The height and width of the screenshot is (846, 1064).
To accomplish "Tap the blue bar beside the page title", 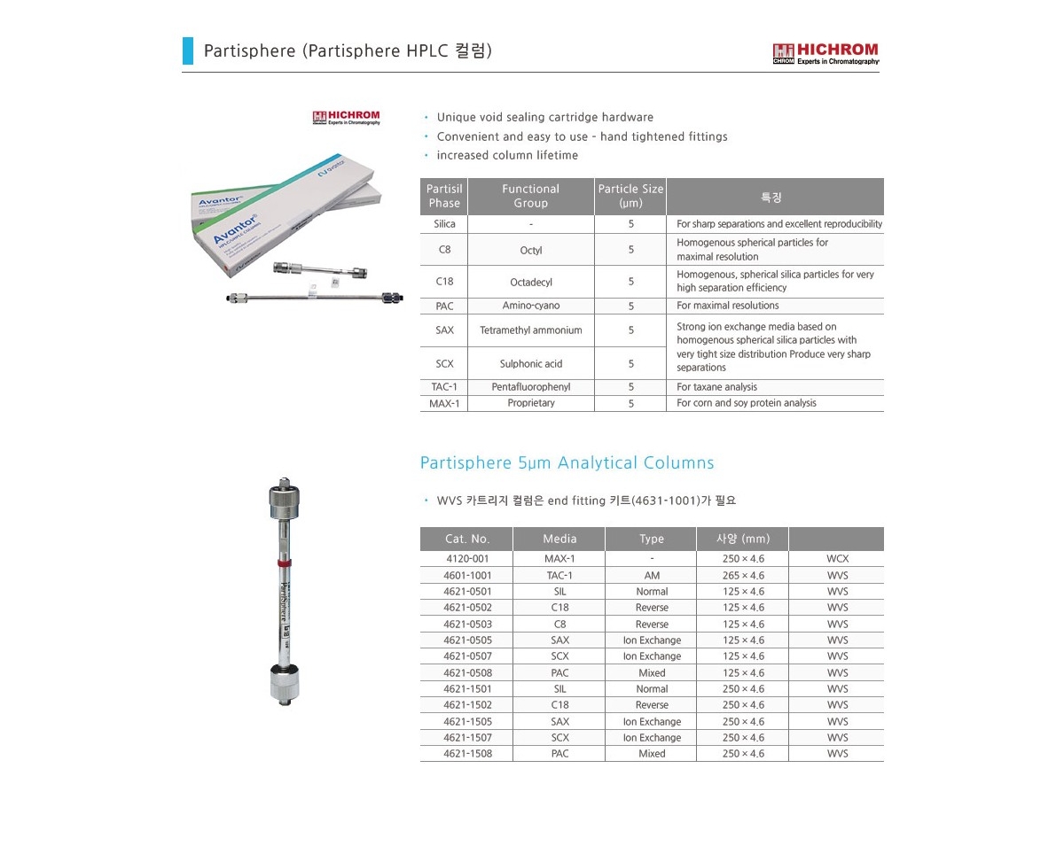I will point(187,50).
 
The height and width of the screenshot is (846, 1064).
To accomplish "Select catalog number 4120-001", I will point(467,559).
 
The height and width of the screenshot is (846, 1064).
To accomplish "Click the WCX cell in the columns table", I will point(837,559).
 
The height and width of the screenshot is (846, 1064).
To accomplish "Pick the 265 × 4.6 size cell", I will point(742,576).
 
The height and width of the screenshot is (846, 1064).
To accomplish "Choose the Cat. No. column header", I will point(467,539).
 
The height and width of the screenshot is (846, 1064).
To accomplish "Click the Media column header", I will point(559,539).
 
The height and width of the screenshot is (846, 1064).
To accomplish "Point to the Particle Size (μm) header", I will point(630,196).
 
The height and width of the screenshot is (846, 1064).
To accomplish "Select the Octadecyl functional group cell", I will point(530,282).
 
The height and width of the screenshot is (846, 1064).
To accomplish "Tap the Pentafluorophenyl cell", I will point(530,387).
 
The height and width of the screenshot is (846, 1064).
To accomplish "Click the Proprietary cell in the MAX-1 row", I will point(530,403).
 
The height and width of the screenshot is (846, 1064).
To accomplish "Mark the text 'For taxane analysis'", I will point(716,387).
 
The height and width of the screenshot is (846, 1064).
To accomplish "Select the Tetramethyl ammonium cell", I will point(530,330).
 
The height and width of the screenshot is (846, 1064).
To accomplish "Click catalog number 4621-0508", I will point(467,673).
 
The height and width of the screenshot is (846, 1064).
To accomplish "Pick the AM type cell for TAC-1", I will point(652,576).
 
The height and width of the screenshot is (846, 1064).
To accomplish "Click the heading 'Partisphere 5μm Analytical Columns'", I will point(567,462).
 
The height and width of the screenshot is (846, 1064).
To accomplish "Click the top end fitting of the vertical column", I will point(281,496).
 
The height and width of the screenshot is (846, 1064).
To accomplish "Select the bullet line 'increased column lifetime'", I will point(506,155).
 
